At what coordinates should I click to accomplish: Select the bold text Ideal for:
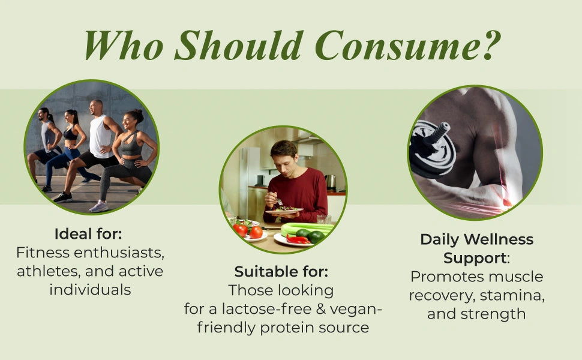tap(88, 234)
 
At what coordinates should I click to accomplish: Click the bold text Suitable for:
tap(281, 272)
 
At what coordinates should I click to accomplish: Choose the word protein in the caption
tap(284, 328)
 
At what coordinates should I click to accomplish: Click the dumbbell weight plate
tap(433, 149)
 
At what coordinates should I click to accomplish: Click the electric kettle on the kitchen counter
tap(330, 182)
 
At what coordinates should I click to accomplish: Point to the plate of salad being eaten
tap(284, 210)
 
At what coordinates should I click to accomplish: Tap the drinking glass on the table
tap(323, 220)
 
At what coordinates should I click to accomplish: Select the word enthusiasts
tap(119, 253)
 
